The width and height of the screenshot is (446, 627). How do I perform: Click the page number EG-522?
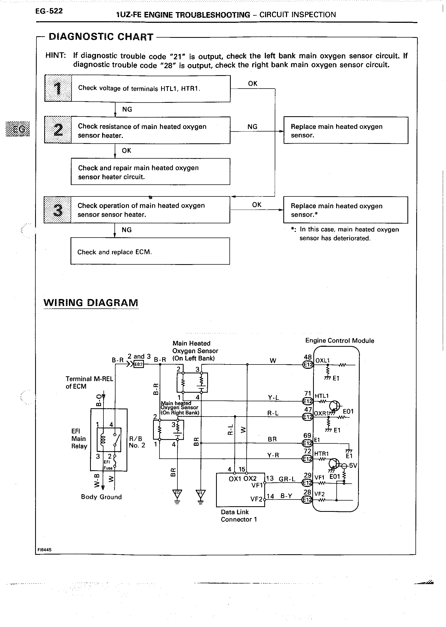point(49,11)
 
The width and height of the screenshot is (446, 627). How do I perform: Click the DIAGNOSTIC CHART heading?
point(101,37)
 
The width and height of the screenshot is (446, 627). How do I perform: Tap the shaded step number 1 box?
point(58,88)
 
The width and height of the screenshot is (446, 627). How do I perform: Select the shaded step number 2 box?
point(58,130)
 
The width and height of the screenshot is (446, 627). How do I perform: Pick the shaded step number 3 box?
point(57,210)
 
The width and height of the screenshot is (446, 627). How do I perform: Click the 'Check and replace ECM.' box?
point(150,251)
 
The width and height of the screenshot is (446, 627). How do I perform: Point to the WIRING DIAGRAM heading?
point(91,302)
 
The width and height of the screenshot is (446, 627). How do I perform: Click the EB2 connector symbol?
point(138,364)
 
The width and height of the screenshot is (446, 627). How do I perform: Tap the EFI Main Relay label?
point(79,439)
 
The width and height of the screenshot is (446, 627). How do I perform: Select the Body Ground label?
point(101,497)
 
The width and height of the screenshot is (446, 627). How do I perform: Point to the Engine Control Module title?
point(339,341)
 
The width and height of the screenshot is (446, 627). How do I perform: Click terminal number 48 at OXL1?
point(308,357)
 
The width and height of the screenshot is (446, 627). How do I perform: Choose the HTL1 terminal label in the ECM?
point(322,396)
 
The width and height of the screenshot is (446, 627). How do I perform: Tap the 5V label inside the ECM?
point(353,465)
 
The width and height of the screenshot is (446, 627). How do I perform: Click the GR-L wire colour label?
point(287,479)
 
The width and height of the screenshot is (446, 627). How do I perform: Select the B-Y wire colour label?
point(286,496)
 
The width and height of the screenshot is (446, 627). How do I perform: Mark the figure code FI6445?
point(44,549)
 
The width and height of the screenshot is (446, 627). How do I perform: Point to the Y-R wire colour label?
point(273,455)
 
